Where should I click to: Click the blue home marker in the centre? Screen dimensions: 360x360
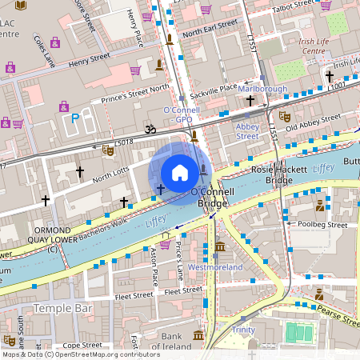pyautogui.click(x=180, y=172)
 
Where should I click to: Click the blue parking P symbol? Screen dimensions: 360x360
pyautogui.click(x=76, y=118)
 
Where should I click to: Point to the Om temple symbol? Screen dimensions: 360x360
pyautogui.click(x=147, y=127)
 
